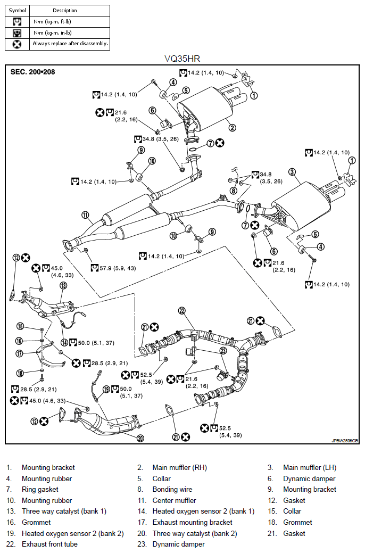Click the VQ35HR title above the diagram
pos(182,59)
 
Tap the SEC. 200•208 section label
pos(32,72)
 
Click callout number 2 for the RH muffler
pos(233,127)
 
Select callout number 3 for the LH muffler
pos(292,171)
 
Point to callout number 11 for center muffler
pos(85,215)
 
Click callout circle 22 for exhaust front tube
pos(181,310)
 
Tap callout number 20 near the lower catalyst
pos(140,439)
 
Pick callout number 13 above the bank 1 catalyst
pos(63,286)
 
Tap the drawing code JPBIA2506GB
pos(345,441)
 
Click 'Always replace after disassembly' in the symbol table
pos(70,44)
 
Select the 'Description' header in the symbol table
pos(65,10)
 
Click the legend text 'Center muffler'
pos(174,500)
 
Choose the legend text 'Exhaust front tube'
pos(49,544)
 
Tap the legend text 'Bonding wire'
pos(172,489)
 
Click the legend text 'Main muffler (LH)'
pos(310,467)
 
